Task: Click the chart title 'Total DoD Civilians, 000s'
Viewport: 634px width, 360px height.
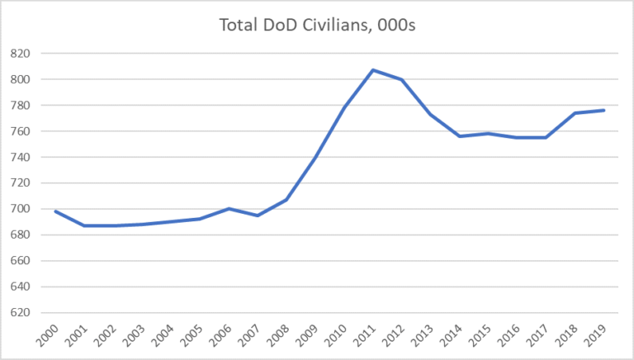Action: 316,26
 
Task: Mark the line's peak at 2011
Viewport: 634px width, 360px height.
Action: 373,70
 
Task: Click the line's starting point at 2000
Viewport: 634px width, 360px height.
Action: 55,211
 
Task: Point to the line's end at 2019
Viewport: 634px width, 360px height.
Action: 604,111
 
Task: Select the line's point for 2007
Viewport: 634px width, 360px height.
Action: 258,216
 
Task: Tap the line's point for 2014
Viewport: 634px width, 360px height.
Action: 460,136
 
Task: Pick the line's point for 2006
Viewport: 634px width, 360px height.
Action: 229,209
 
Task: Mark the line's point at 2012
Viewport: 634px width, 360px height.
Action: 402,79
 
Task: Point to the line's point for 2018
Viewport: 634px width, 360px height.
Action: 575,113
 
